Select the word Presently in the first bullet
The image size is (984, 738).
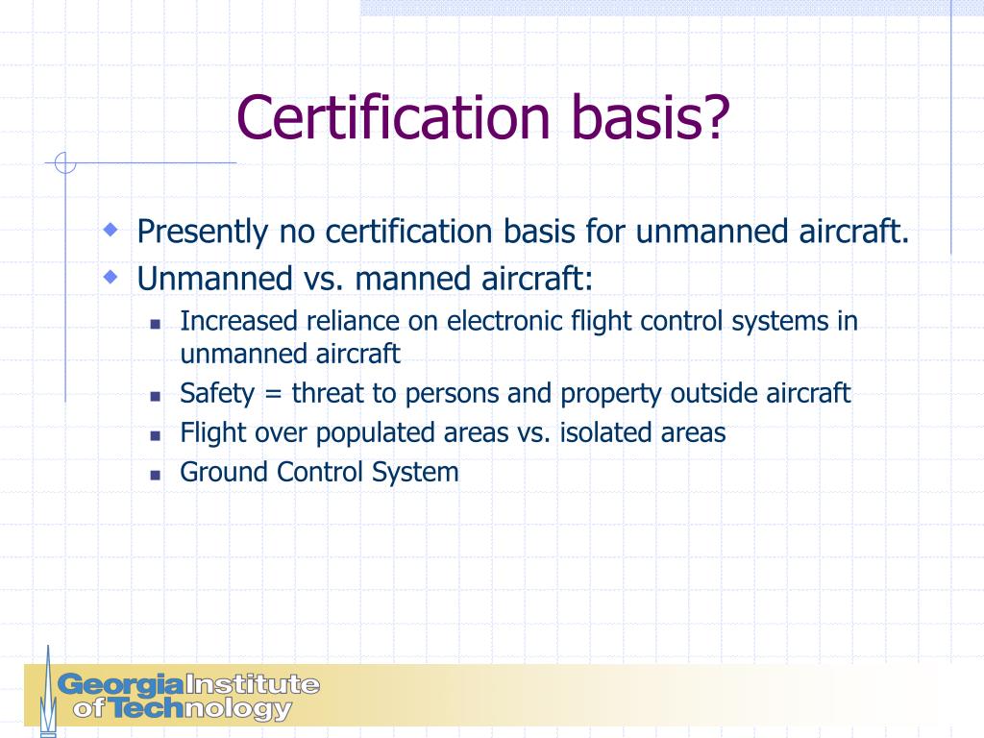(202, 232)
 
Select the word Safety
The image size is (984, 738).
(216, 394)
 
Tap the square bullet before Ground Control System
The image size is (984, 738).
(156, 474)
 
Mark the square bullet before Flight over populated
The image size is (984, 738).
(156, 434)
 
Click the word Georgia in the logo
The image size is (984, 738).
(120, 685)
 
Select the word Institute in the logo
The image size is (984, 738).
(252, 685)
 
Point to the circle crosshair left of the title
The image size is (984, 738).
(65, 163)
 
